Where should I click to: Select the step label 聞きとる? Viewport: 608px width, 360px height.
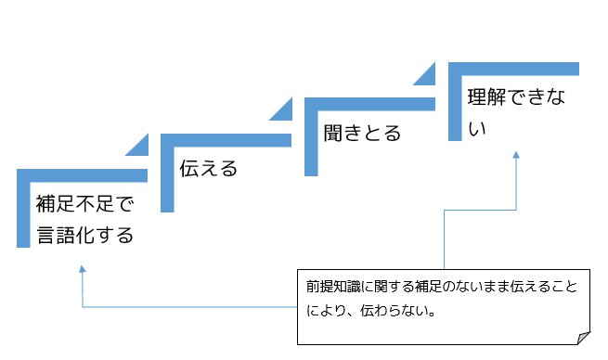click(x=361, y=133)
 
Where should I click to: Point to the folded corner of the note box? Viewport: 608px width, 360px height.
click(x=582, y=337)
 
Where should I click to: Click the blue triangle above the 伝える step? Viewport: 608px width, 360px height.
click(x=280, y=111)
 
